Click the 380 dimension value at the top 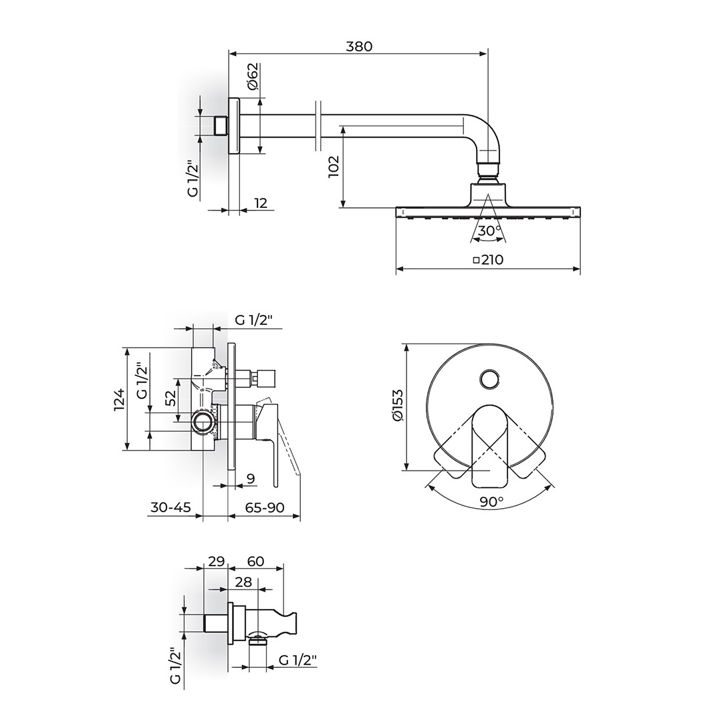click(359, 46)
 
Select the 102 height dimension click(334, 166)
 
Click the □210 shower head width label click(488, 259)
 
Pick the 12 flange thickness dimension click(260, 203)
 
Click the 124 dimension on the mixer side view click(119, 399)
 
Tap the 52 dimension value click(170, 397)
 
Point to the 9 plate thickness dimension click(251, 479)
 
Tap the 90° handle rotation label click(492, 501)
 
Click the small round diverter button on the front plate click(489, 380)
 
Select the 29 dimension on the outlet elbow click(216, 562)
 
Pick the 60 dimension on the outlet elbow click(255, 562)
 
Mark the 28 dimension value click(243, 582)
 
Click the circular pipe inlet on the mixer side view click(203, 421)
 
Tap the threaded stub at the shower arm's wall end click(222, 125)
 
